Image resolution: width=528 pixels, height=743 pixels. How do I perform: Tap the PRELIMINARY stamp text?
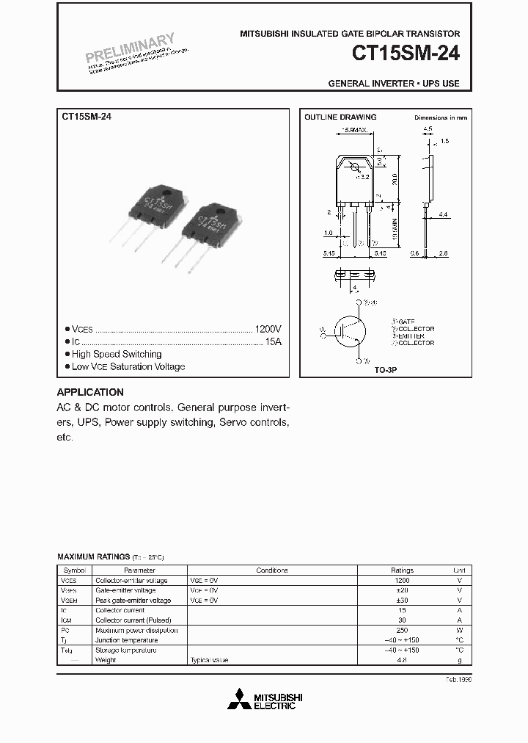[130, 48]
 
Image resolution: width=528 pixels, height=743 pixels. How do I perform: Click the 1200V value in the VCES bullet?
[268, 330]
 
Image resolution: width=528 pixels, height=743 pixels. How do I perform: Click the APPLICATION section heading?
[90, 392]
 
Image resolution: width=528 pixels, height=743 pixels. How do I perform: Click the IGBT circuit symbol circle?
[350, 333]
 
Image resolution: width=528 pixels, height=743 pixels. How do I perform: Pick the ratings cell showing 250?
[402, 630]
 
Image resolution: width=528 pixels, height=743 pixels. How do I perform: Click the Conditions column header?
[272, 570]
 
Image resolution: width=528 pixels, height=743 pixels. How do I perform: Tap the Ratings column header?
[402, 570]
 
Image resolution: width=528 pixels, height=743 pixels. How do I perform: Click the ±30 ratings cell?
[402, 600]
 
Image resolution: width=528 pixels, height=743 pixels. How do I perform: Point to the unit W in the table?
[460, 630]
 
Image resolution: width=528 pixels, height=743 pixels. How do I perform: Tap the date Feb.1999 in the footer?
[457, 680]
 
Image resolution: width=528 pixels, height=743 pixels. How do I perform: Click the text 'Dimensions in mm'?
[440, 117]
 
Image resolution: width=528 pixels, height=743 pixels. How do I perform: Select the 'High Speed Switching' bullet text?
[117, 355]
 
